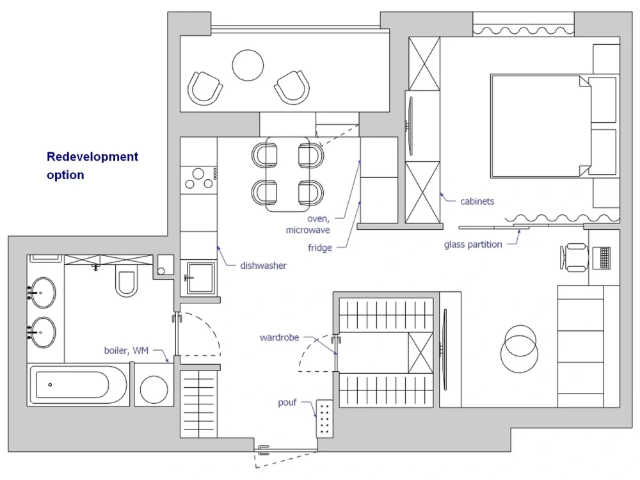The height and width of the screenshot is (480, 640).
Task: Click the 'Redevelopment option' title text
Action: point(92,166)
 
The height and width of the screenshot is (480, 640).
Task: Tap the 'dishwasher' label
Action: point(263,266)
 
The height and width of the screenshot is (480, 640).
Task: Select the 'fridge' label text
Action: point(319,248)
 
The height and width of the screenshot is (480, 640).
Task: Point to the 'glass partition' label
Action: point(473,244)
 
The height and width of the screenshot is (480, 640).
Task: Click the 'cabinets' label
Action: point(477,201)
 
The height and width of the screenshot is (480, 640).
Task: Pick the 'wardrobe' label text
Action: point(279,337)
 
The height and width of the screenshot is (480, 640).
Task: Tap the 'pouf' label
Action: point(287,403)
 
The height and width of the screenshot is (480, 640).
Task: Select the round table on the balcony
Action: point(248,65)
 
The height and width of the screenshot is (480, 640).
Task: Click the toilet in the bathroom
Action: point(127,282)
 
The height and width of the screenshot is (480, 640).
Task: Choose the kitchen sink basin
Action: point(200,278)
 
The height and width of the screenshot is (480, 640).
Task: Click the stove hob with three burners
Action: point(199,179)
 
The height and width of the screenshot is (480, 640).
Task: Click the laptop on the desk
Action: point(602,257)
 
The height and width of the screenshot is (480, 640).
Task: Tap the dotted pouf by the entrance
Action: point(325,419)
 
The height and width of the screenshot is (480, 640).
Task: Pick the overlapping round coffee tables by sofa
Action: point(519,349)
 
